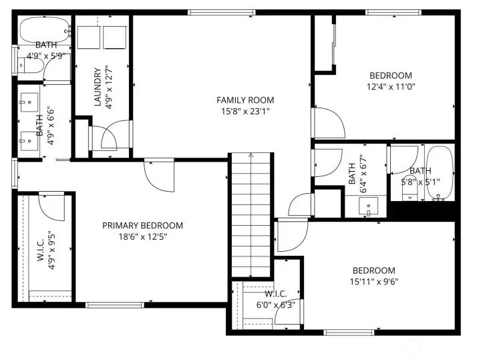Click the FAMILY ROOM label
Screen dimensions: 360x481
coord(245,100)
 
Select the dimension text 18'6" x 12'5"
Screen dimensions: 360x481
coord(142,236)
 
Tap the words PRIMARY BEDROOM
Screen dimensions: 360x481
coord(142,226)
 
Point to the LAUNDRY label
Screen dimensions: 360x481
coord(98,86)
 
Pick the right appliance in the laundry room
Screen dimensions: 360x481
coord(115,37)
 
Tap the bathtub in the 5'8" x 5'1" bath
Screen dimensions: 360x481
coord(442,172)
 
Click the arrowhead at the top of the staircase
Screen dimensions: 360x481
coord(251,155)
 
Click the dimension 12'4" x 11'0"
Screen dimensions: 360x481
coord(391,86)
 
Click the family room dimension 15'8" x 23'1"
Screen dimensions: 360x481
coord(245,112)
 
